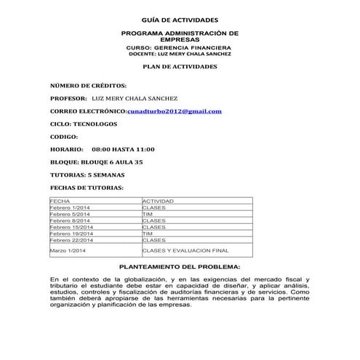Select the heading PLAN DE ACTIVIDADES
click(179, 66)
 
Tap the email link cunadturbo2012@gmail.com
click(175, 111)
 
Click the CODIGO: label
click(64, 137)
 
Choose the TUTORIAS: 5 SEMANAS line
click(87, 175)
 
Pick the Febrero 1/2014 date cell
click(70, 207)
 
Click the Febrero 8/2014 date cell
click(70, 220)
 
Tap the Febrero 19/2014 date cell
click(71, 233)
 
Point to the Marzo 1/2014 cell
click(68, 250)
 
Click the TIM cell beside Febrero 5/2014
click(148, 214)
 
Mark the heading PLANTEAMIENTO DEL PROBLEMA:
click(179, 268)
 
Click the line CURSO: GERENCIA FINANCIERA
click(179, 47)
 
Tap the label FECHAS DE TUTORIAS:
click(81, 188)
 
